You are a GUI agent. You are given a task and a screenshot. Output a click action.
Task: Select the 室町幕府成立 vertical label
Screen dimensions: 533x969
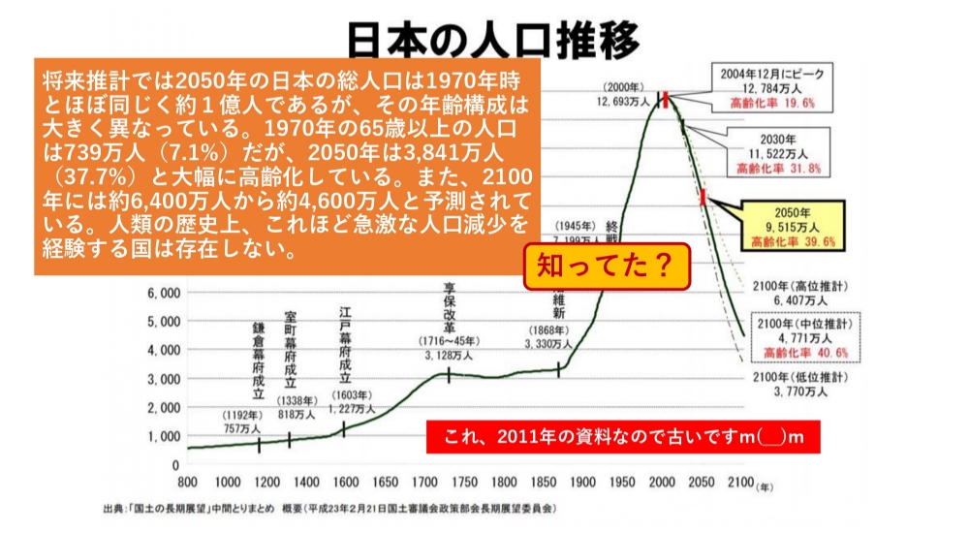point(290,349)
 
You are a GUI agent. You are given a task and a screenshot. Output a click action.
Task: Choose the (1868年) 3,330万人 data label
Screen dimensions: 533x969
point(548,336)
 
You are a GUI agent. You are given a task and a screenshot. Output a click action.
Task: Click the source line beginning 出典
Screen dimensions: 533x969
point(329,508)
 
